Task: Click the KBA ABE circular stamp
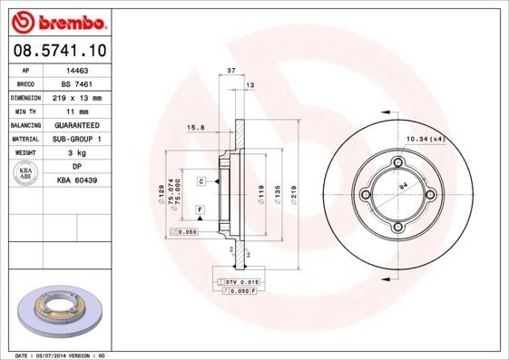click(25, 174)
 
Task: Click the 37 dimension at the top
click(231, 70)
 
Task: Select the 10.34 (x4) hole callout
click(425, 138)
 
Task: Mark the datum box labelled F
click(199, 209)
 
